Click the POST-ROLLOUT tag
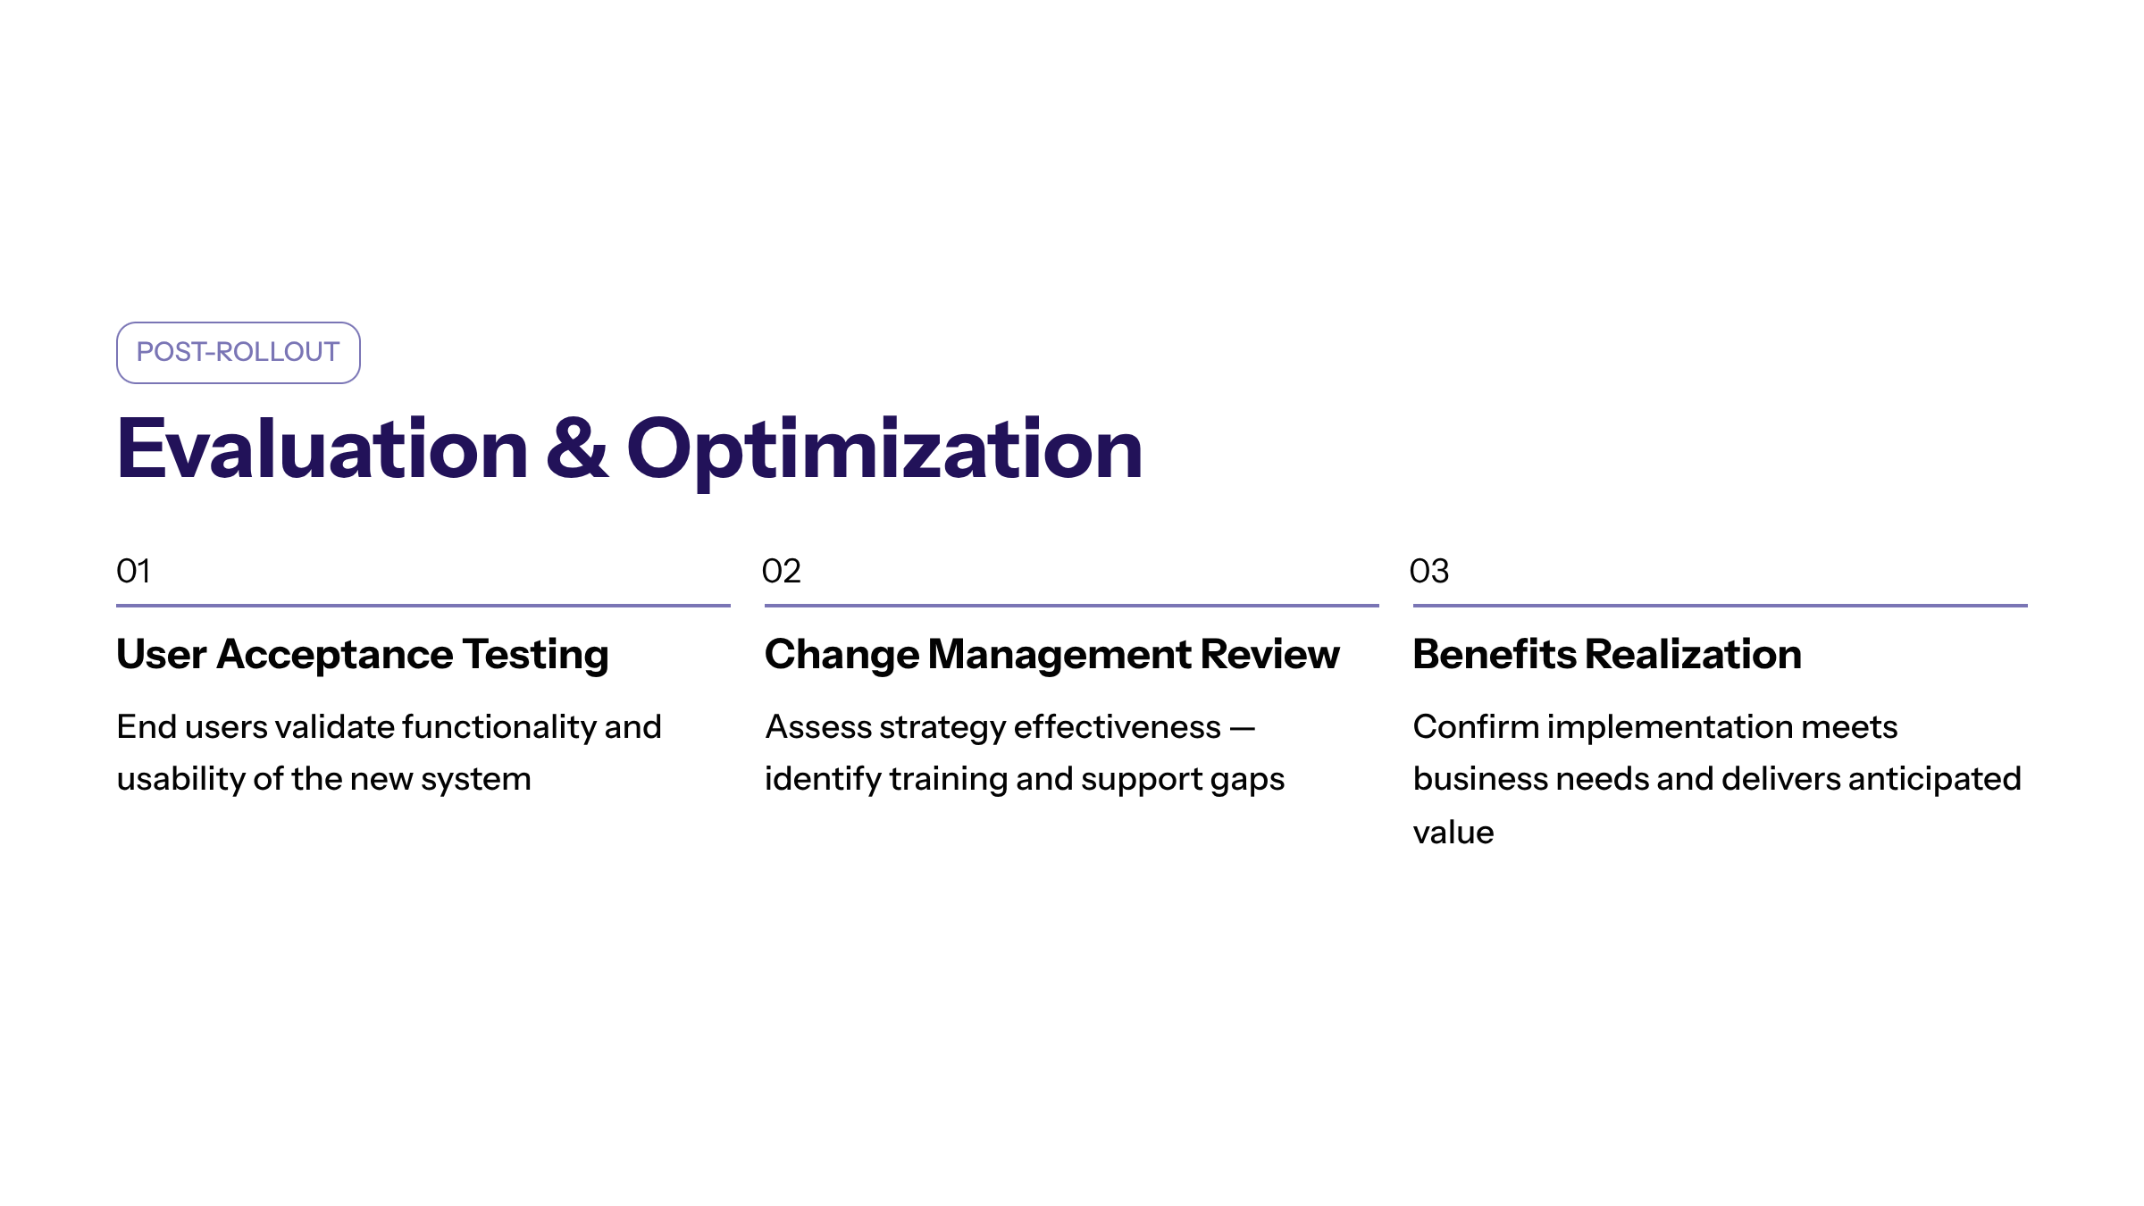click(x=239, y=353)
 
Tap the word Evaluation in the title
click(x=322, y=448)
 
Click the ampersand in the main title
click(x=577, y=448)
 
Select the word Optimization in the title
click(x=884, y=452)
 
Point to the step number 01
click(x=134, y=571)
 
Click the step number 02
click(x=782, y=571)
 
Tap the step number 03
click(x=1429, y=571)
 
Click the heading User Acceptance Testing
click(x=363, y=656)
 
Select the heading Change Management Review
click(x=1052, y=656)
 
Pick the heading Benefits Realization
click(x=1607, y=654)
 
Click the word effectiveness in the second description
click(x=1118, y=727)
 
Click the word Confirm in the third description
click(x=1476, y=727)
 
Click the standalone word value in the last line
click(x=1453, y=833)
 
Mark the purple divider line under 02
click(x=1072, y=606)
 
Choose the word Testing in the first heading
click(x=536, y=656)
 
